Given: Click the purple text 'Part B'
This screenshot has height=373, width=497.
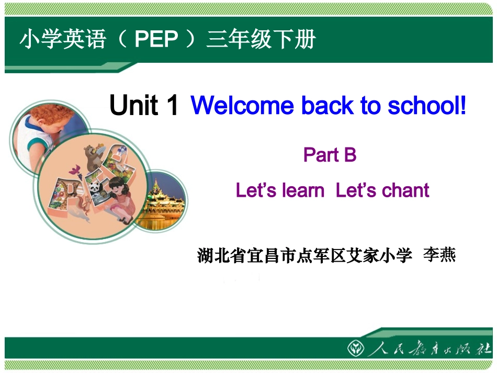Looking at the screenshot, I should tap(330, 155).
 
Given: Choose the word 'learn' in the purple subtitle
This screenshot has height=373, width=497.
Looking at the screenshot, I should tap(302, 190).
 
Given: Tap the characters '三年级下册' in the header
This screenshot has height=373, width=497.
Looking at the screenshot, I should tap(261, 39).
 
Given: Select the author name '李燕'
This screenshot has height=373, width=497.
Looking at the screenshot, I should tap(439, 256).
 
